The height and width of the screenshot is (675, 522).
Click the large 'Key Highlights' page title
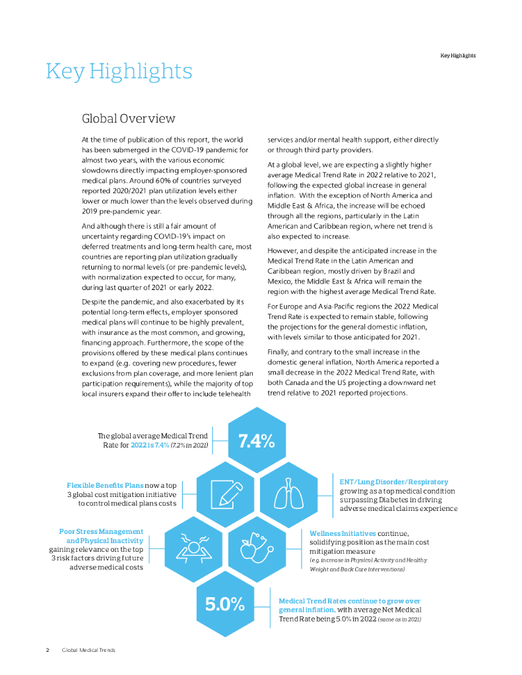pos(119,71)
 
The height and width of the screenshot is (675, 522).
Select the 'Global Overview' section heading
pos(128,119)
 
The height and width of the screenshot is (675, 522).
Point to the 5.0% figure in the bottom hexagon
pos(225,603)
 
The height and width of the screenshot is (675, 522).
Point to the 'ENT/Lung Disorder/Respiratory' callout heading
pos(394,482)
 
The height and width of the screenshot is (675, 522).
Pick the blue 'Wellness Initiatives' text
pos(343,533)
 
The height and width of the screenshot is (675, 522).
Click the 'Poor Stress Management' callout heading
pos(101,531)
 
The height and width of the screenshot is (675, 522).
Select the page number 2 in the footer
pos(48,650)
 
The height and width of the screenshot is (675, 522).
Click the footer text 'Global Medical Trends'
pos(88,650)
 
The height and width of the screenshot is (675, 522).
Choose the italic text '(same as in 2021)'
pos(399,620)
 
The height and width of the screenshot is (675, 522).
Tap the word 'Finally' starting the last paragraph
pos(279,352)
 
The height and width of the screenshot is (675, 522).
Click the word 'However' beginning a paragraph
pos(283,250)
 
